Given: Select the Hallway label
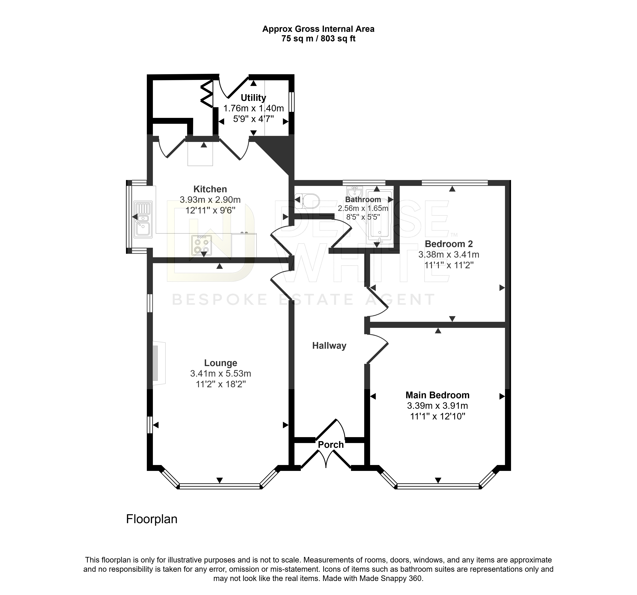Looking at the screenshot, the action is pos(329,346).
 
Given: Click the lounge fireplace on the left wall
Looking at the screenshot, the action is pos(159,363).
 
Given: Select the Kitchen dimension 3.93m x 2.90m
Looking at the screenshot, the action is pos(210,200).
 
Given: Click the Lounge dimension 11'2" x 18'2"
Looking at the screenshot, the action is pos(221,384).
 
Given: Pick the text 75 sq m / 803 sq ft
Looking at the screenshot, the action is pos(318,39).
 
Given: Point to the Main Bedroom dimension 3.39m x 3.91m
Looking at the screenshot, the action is pos(438,406).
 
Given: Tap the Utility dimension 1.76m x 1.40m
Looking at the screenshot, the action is pos(254,108).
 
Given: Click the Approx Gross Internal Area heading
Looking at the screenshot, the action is pos(318,29).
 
